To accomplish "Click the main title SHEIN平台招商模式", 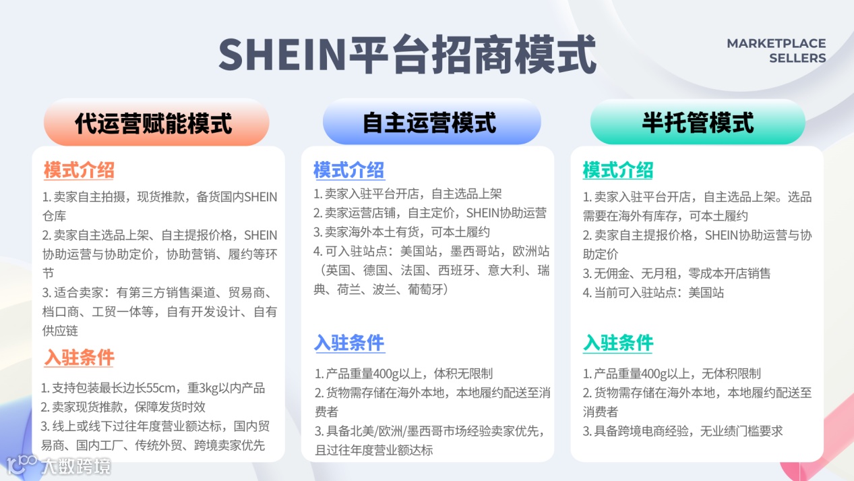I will pos(407,54).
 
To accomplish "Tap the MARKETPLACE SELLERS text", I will pos(776,51).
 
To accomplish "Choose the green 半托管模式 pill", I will pos(697,123).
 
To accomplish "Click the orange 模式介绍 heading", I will pos(79,170).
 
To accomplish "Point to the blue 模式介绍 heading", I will pos(348,170).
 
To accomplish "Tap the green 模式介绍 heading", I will pos(617,170).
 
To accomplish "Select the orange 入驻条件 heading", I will pos(79,357).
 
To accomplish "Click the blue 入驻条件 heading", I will pos(349,343).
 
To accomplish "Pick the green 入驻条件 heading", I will pos(617,343).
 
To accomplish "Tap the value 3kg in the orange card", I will pos(198,388).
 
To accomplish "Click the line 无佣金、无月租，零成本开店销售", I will pos(677,273).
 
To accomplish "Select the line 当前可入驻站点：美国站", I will pos(653,293).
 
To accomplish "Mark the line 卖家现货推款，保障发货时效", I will pos(123,407).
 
